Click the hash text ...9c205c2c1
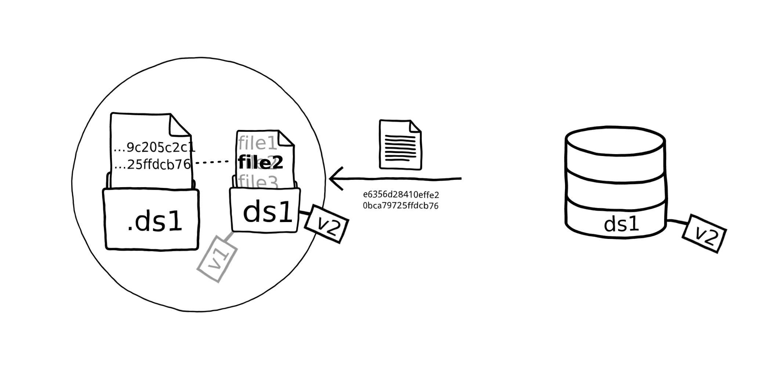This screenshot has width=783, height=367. pyautogui.click(x=155, y=148)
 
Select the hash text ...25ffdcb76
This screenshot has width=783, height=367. pyautogui.click(x=152, y=164)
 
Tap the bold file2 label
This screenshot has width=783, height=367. pyautogui.click(x=261, y=163)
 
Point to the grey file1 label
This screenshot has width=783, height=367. pyautogui.click(x=257, y=143)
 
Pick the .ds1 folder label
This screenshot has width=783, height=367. pyautogui.click(x=155, y=222)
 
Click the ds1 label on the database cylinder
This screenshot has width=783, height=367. pyautogui.click(x=621, y=224)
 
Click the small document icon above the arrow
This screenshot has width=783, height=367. pyautogui.click(x=400, y=144)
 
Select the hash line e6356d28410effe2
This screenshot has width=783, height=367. pyautogui.click(x=401, y=195)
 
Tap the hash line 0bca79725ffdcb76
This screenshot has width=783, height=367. pyautogui.click(x=400, y=206)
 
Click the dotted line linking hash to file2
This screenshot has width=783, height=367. pyautogui.click(x=213, y=162)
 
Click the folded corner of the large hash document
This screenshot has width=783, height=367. pyautogui.click(x=180, y=125)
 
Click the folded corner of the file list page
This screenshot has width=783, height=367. pyautogui.click(x=286, y=138)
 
